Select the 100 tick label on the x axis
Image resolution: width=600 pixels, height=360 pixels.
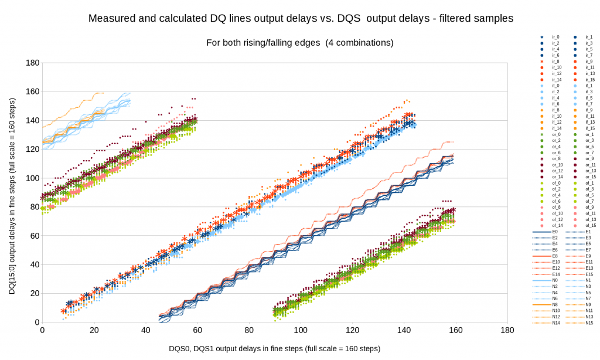pyautogui.click(x=299, y=330)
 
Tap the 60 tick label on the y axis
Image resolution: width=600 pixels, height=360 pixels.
pyautogui.click(x=33, y=236)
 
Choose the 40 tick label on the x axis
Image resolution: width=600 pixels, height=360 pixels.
pyautogui.click(x=145, y=330)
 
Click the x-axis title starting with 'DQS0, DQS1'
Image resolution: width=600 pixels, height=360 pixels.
pyautogui.click(x=275, y=348)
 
